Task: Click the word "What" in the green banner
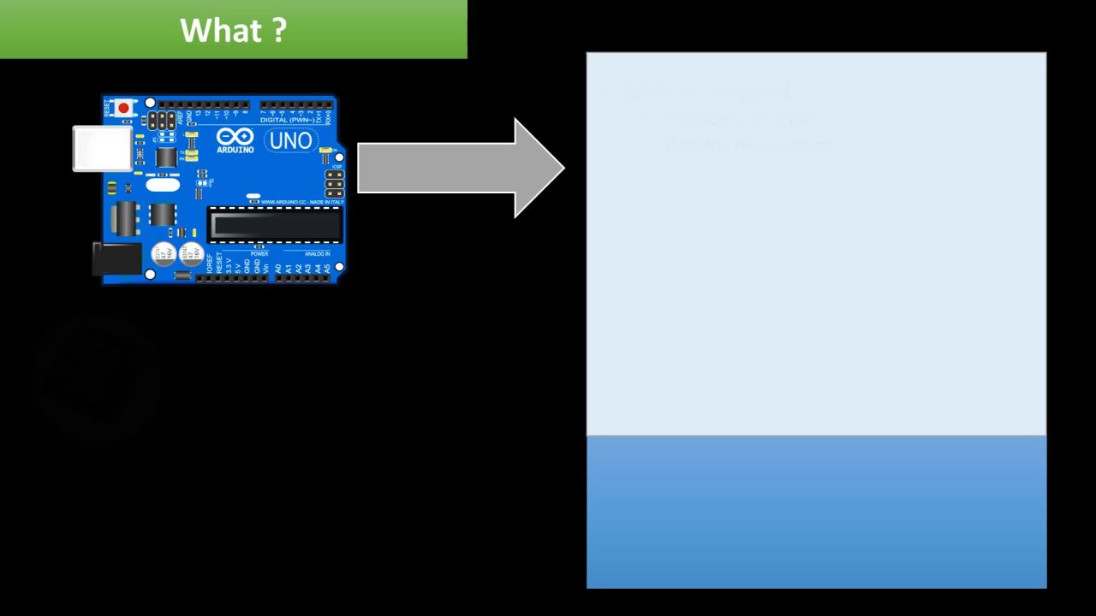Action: [218, 31]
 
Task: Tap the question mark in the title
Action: [280, 31]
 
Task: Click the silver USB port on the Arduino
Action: [102, 148]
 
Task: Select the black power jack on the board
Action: [116, 258]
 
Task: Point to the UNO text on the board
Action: [290, 140]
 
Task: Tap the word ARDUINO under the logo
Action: [235, 150]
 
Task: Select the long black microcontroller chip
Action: [275, 225]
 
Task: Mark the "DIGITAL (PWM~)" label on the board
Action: [286, 120]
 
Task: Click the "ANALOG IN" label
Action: [317, 254]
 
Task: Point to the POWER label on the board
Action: [259, 254]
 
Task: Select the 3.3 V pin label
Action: [229, 267]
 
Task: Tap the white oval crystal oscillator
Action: [163, 184]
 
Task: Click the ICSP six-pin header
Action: [334, 181]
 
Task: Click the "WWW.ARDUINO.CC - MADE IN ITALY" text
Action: [302, 202]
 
